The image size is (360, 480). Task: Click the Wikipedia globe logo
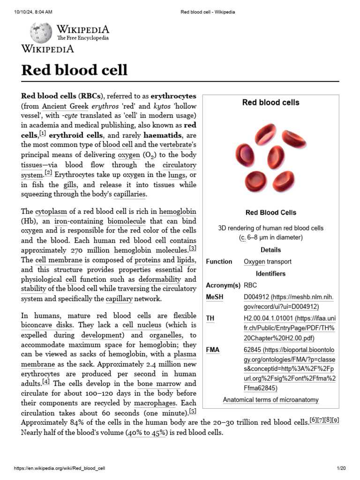pos(41,33)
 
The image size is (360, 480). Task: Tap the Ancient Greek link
pos(65,105)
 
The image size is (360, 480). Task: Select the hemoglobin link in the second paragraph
pos(178,211)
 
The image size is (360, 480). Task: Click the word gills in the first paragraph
pos(70,185)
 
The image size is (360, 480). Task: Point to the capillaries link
pos(130,194)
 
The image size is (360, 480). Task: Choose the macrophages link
pos(154,403)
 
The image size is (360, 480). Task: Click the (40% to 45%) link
pos(146,433)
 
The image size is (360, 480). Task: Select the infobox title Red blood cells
pos(270,102)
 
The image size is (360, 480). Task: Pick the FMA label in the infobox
pos(212,350)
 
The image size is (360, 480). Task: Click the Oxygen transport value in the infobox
pos(268,262)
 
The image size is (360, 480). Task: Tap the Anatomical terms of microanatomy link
pos(270,400)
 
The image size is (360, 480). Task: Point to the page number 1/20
pos(341,468)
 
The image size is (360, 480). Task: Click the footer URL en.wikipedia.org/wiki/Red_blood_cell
pos(60,468)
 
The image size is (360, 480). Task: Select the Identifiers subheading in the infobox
pos(270,273)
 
